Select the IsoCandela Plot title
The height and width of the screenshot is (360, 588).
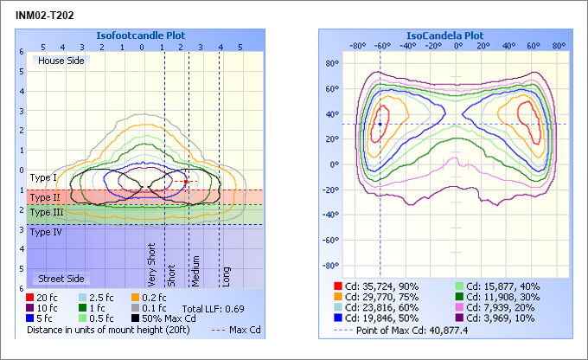(x=445, y=35)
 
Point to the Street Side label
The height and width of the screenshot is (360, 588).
(x=59, y=279)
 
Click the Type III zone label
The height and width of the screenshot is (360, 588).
(x=46, y=212)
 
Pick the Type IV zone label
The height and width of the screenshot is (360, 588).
(x=45, y=232)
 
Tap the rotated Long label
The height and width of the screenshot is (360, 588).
(x=227, y=275)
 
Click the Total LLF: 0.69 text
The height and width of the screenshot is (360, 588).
(x=214, y=308)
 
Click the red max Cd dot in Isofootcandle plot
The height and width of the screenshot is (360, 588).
(x=185, y=181)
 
